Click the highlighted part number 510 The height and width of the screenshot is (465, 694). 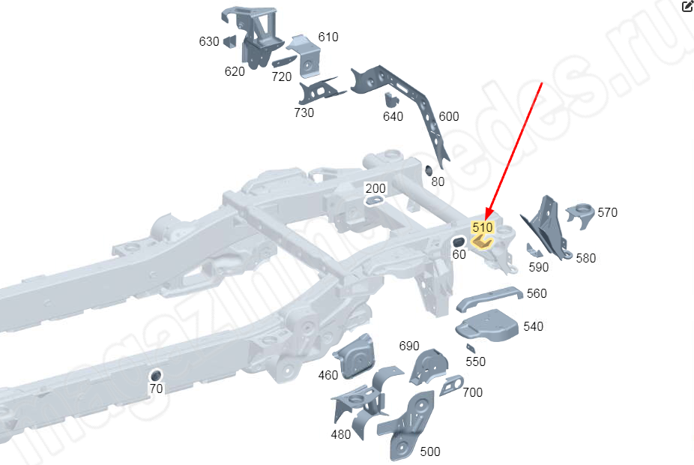pyautogui.click(x=482, y=226)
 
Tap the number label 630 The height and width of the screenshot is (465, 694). pyautogui.click(x=209, y=42)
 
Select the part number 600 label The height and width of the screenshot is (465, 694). pyautogui.click(x=449, y=116)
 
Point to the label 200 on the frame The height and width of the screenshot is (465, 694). pyautogui.click(x=375, y=188)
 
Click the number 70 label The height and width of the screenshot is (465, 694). pyautogui.click(x=156, y=388)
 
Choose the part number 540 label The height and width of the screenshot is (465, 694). pyautogui.click(x=534, y=326)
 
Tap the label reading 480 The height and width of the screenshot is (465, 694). pyautogui.click(x=341, y=434)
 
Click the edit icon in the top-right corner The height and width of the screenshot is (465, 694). pyautogui.click(x=687, y=7)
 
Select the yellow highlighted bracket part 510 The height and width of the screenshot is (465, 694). pyautogui.click(x=481, y=241)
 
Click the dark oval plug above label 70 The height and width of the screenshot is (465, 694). pyautogui.click(x=156, y=374)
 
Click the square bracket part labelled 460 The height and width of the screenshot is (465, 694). pyautogui.click(x=357, y=357)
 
